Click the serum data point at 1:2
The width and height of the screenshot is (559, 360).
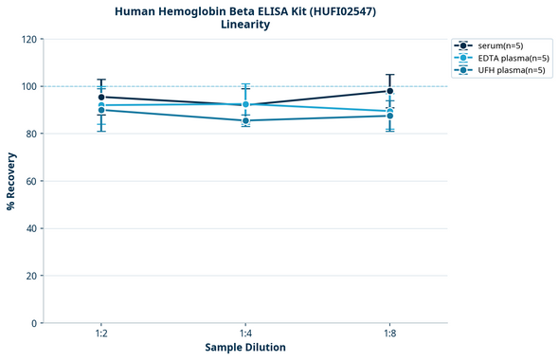pyautogui.click(x=101, y=97)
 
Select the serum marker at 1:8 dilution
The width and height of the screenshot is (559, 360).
pyautogui.click(x=389, y=91)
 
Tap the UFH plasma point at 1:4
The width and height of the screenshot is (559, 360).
pyautogui.click(x=245, y=120)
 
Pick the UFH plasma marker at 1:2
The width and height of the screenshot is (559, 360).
pyautogui.click(x=101, y=110)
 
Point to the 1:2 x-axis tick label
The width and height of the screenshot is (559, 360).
pyautogui.click(x=101, y=333)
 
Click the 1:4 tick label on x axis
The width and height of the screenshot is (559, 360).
pyautogui.click(x=245, y=333)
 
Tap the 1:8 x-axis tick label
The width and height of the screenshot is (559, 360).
pyautogui.click(x=389, y=333)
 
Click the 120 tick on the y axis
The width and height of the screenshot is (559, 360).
pyautogui.click(x=29, y=39)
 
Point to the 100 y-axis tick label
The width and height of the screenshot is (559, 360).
pyautogui.click(x=29, y=86)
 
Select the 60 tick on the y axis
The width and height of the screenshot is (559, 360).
pyautogui.click(x=32, y=181)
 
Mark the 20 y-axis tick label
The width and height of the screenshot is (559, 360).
pyautogui.click(x=32, y=276)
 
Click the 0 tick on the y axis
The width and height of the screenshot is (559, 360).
pyautogui.click(x=35, y=323)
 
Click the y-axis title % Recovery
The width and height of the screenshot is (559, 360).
pyautogui.click(x=11, y=180)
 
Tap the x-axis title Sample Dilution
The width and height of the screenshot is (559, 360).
pyautogui.click(x=245, y=348)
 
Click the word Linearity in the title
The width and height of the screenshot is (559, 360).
pyautogui.click(x=245, y=25)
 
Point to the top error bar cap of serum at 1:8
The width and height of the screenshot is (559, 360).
pyautogui.click(x=389, y=75)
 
